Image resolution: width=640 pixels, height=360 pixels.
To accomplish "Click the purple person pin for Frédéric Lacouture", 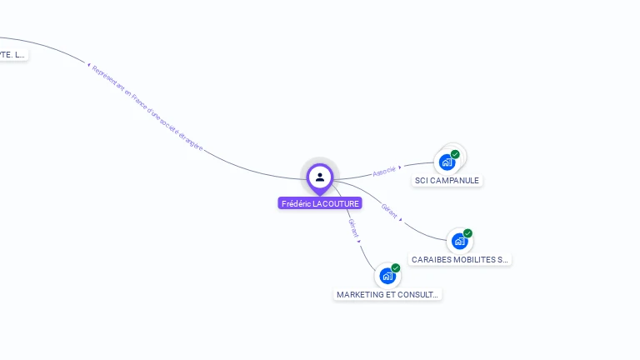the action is (x=320, y=177).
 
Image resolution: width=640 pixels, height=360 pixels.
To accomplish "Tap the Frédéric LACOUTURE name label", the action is (x=320, y=203).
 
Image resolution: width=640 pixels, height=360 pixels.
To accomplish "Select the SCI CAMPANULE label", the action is (x=447, y=180).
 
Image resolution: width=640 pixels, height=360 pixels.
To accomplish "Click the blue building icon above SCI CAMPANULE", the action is (x=447, y=162).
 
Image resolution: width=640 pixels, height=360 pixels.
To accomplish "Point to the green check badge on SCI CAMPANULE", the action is (x=455, y=154).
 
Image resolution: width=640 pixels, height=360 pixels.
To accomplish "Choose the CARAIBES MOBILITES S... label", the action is (x=460, y=259).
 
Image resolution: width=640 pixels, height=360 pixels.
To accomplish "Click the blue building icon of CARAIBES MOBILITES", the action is (x=459, y=241).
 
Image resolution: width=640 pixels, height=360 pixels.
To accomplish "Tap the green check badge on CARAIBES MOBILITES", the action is (x=467, y=233).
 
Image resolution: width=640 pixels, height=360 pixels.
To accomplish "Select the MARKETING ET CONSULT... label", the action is (x=387, y=294).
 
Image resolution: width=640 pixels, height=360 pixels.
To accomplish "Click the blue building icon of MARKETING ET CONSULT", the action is (x=387, y=276).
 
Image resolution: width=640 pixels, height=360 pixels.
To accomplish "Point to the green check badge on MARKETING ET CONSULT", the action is (x=396, y=267).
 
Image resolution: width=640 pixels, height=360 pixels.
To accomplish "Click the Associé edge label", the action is (x=384, y=171).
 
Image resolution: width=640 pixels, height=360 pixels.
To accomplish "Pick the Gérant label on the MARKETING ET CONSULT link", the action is (x=352, y=227).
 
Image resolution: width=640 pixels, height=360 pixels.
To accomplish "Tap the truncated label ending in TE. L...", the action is (x=12, y=54).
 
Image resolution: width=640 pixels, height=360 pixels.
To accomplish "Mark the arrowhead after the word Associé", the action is (x=400, y=167).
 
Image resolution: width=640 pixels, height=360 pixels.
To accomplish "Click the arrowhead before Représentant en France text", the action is (x=88, y=64).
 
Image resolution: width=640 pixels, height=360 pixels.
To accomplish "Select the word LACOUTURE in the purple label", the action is (x=336, y=203).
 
